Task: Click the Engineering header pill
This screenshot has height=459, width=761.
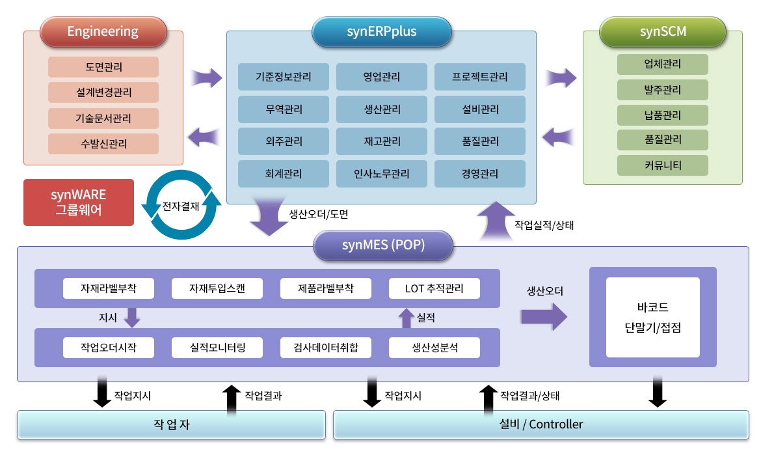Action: (103, 31)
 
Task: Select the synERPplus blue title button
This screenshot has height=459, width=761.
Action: (381, 31)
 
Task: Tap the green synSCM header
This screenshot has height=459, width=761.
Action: (662, 31)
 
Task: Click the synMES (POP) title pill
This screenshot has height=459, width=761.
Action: (382, 246)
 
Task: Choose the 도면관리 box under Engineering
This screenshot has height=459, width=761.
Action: (103, 67)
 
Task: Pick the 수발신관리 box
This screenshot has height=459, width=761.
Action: (103, 144)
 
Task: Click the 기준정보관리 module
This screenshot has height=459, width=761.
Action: (283, 77)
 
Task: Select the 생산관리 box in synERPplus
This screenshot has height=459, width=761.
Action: (381, 109)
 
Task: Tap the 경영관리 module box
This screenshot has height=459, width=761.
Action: (479, 174)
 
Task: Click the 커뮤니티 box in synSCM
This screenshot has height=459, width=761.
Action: (662, 165)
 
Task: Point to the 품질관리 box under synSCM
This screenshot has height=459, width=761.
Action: (662, 140)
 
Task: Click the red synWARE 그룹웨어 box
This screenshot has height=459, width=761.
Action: (79, 202)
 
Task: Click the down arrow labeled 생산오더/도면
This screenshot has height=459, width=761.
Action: (269, 219)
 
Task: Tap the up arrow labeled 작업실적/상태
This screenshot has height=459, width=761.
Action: (496, 221)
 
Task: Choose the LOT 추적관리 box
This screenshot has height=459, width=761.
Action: (434, 288)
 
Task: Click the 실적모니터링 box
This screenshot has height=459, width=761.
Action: (217, 348)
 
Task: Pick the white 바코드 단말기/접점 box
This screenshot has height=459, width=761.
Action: (652, 317)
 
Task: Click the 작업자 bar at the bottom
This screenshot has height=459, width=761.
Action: (171, 424)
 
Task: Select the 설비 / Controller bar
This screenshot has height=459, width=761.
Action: (541, 424)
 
